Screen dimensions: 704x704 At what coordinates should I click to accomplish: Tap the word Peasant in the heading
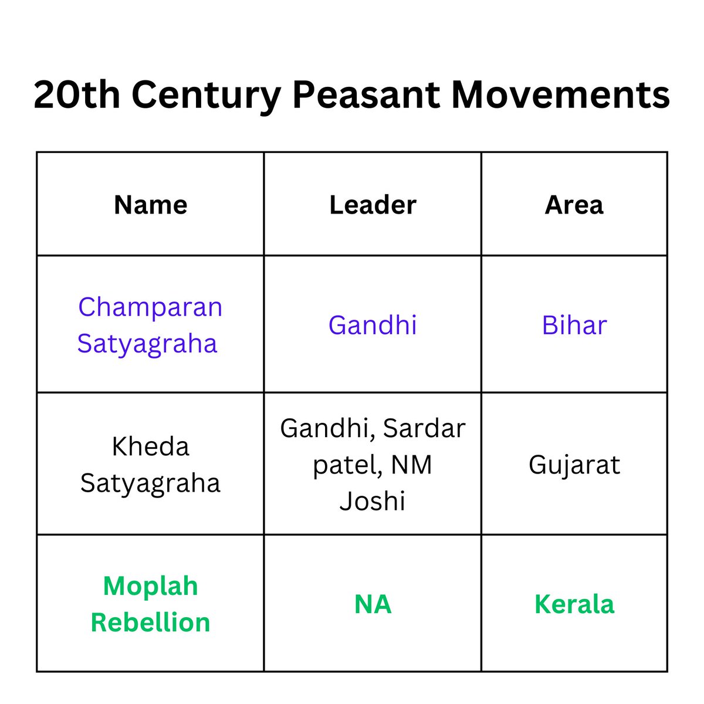tap(365, 95)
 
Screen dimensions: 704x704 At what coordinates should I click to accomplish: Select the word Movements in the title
tap(560, 95)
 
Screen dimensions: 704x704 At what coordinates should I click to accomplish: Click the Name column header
tap(151, 205)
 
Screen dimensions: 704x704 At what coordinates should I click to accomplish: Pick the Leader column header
tap(373, 205)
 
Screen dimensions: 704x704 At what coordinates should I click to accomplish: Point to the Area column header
tap(574, 205)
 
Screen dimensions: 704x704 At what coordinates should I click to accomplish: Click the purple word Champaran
tap(150, 307)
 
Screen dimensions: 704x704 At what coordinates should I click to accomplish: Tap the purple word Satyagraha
tap(147, 343)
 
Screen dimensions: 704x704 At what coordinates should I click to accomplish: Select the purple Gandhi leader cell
tap(373, 325)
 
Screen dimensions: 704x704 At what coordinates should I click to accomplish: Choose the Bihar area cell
tap(574, 325)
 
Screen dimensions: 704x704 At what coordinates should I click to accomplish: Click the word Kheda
tap(151, 447)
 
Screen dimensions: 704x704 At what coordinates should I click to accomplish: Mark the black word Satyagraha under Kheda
tap(150, 483)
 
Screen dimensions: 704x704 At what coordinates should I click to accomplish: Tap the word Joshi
tap(373, 502)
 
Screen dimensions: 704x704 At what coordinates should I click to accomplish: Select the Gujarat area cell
tap(574, 465)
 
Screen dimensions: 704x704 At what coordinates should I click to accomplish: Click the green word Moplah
tap(151, 586)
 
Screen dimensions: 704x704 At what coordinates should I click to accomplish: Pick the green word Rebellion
tap(150, 622)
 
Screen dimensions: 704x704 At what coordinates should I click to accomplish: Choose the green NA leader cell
tap(373, 604)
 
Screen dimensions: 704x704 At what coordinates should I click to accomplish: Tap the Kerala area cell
tap(574, 604)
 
